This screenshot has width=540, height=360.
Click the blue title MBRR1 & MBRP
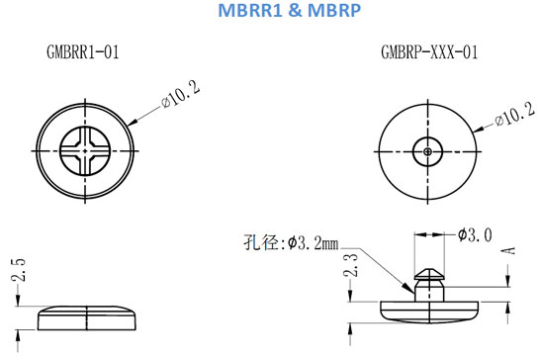click(x=290, y=10)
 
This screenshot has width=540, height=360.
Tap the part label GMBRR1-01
click(x=83, y=52)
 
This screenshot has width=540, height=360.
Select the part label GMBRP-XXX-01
click(x=429, y=52)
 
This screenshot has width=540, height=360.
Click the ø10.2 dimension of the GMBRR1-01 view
click(x=180, y=94)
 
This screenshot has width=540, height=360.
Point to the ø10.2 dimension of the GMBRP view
click(x=515, y=114)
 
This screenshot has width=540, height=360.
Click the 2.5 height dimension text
click(x=19, y=270)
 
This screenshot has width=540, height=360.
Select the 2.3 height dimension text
click(x=350, y=265)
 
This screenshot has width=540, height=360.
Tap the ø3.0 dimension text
click(x=475, y=235)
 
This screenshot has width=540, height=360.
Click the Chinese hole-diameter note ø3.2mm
click(x=291, y=242)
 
